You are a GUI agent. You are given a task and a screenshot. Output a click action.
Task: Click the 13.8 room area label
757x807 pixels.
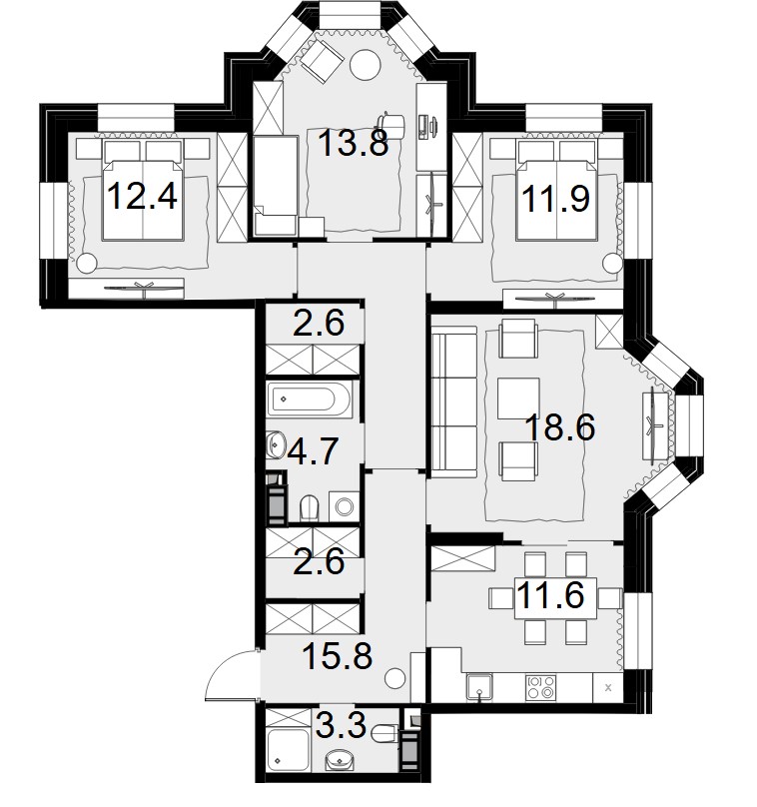tap(353, 143)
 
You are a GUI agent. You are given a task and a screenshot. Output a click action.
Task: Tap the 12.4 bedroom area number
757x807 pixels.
tap(143, 196)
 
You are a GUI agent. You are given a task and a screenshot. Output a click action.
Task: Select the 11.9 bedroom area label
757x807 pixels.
tap(555, 198)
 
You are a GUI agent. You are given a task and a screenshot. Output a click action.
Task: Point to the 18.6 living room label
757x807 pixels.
tap(560, 427)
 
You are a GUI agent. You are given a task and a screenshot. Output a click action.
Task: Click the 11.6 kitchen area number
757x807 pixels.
tap(550, 595)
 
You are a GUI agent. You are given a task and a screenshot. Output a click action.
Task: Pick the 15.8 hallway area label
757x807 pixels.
tap(338, 656)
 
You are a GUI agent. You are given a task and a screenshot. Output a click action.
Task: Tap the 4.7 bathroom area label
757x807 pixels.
tap(313, 450)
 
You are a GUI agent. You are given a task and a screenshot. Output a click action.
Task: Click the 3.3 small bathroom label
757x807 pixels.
tap(341, 726)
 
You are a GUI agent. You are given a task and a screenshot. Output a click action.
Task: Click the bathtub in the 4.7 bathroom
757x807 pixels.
tap(310, 400)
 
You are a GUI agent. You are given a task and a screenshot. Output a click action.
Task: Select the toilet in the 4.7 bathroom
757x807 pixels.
tap(310, 507)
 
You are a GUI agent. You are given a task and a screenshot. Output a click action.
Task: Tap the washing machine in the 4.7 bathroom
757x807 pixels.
tap(344, 507)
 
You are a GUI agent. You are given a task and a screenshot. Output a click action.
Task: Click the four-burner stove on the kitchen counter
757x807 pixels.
tap(541, 687)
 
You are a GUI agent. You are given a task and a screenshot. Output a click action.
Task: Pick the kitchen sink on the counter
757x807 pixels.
tap(479, 687)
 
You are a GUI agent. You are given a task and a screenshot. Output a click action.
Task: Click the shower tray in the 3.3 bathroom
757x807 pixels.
tap(289, 750)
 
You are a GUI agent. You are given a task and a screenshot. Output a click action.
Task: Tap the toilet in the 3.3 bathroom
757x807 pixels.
tap(384, 734)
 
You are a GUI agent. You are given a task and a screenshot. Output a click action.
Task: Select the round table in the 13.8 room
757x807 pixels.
tap(365, 64)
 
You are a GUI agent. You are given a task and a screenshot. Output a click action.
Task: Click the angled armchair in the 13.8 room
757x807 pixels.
tap(322, 60)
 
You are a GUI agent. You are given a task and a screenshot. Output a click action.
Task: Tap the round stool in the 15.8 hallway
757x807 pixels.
tap(396, 679)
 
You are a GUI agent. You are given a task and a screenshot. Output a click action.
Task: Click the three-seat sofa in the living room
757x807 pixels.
tap(453, 402)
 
